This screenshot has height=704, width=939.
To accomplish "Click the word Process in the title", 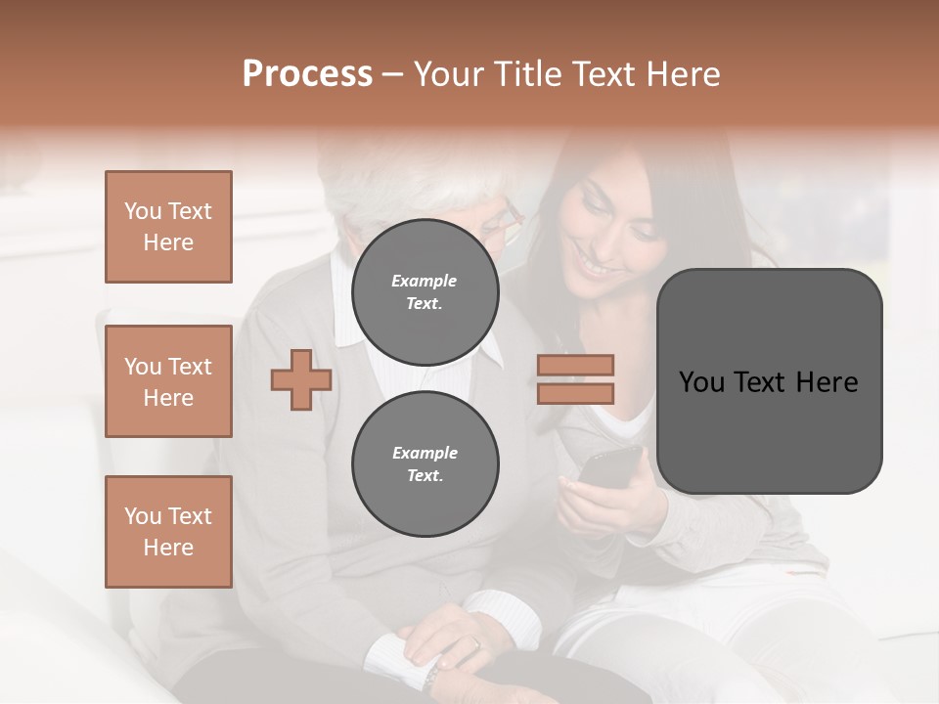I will coord(307,73).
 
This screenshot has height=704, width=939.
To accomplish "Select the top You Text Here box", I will coord(168,227).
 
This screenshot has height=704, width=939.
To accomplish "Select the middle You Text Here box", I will coord(168,381).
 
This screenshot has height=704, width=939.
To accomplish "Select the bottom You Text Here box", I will coord(168,532).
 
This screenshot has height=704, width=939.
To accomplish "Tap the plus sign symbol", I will coord(300,379).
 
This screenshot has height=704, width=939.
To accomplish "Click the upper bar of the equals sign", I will coord(575,365).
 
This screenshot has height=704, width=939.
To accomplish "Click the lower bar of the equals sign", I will coord(575,393).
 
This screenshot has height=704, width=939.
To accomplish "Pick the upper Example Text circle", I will coord(425,291).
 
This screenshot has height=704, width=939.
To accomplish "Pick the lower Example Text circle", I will coord(425,463).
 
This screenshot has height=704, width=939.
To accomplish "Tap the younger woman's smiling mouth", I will coord(594,264).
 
